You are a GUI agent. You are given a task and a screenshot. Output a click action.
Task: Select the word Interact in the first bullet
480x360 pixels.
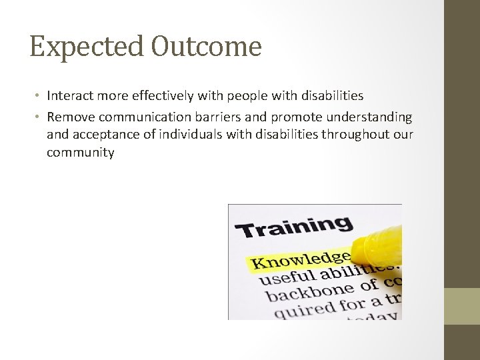tap(70, 96)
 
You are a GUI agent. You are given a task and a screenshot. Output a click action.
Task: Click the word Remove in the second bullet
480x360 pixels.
tap(69, 117)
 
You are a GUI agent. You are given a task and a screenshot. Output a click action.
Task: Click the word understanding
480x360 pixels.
tap(370, 117)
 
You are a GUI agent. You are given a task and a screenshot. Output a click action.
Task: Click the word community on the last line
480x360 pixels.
tap(80, 153)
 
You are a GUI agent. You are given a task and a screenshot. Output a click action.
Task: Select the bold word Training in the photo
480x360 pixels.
tap(293, 226)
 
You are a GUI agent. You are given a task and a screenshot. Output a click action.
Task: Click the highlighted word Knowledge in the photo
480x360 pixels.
tap(300, 258)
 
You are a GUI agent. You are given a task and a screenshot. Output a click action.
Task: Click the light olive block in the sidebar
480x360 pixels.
tap(462, 306)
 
